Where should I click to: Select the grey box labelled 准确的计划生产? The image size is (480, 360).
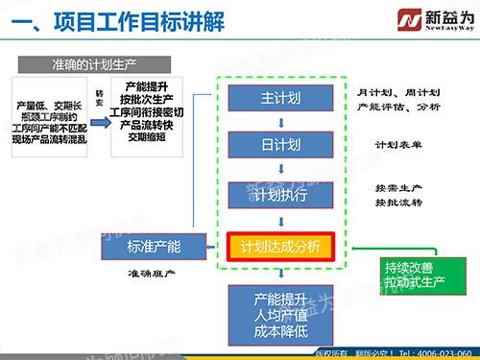(92, 65)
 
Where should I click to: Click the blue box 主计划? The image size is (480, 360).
(280, 98)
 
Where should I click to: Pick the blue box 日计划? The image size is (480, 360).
(280, 145)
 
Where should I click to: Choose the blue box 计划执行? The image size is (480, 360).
(280, 196)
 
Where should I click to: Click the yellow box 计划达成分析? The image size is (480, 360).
(280, 247)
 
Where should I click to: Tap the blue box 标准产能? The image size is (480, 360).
(153, 247)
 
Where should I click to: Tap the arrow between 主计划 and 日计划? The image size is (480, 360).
(280, 122)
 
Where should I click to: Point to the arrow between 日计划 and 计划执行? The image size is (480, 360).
(280, 170)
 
